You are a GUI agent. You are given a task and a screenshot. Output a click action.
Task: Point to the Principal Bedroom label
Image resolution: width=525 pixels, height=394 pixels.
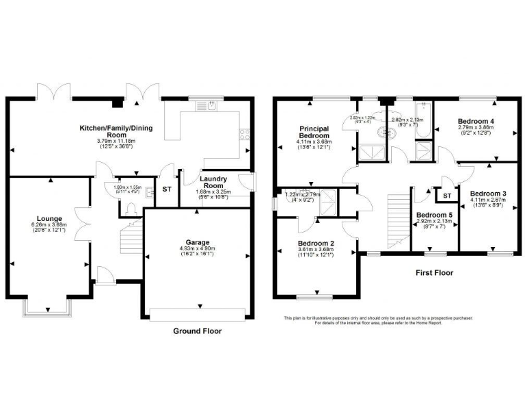314,132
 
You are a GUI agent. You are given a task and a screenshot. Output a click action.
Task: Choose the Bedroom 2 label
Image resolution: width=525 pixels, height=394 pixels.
317,244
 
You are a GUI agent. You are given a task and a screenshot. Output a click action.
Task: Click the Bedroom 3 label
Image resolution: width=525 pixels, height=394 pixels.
488,194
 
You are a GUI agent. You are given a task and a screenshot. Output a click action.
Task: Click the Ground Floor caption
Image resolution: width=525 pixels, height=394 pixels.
196,331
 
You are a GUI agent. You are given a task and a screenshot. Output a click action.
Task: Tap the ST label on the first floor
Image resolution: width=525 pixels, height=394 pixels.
448,196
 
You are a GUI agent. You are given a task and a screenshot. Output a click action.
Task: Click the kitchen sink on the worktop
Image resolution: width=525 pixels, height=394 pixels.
206,106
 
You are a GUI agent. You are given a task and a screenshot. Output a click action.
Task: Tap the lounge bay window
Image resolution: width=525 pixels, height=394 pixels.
48,308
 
